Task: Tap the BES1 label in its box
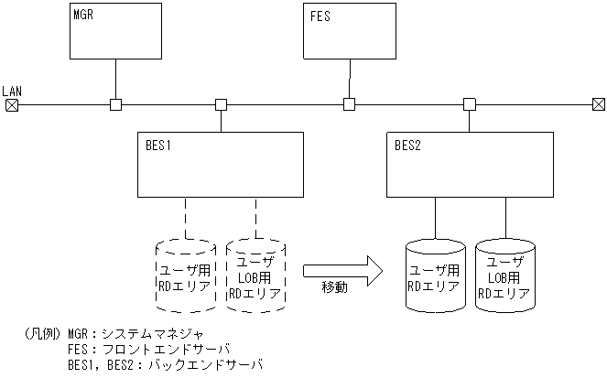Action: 158,145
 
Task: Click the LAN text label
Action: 12,91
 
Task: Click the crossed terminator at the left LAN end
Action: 12,104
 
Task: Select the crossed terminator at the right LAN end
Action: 597,104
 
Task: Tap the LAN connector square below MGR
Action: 115,104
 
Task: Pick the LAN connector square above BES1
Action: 221,104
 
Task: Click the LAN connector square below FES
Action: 349,104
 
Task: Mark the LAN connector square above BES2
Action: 469,104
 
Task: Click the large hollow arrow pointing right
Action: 341,268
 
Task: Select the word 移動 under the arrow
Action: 335,288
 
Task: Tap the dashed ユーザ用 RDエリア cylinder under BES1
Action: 186,275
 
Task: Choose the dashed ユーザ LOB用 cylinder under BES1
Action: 255,275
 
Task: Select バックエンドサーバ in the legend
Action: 210,364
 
